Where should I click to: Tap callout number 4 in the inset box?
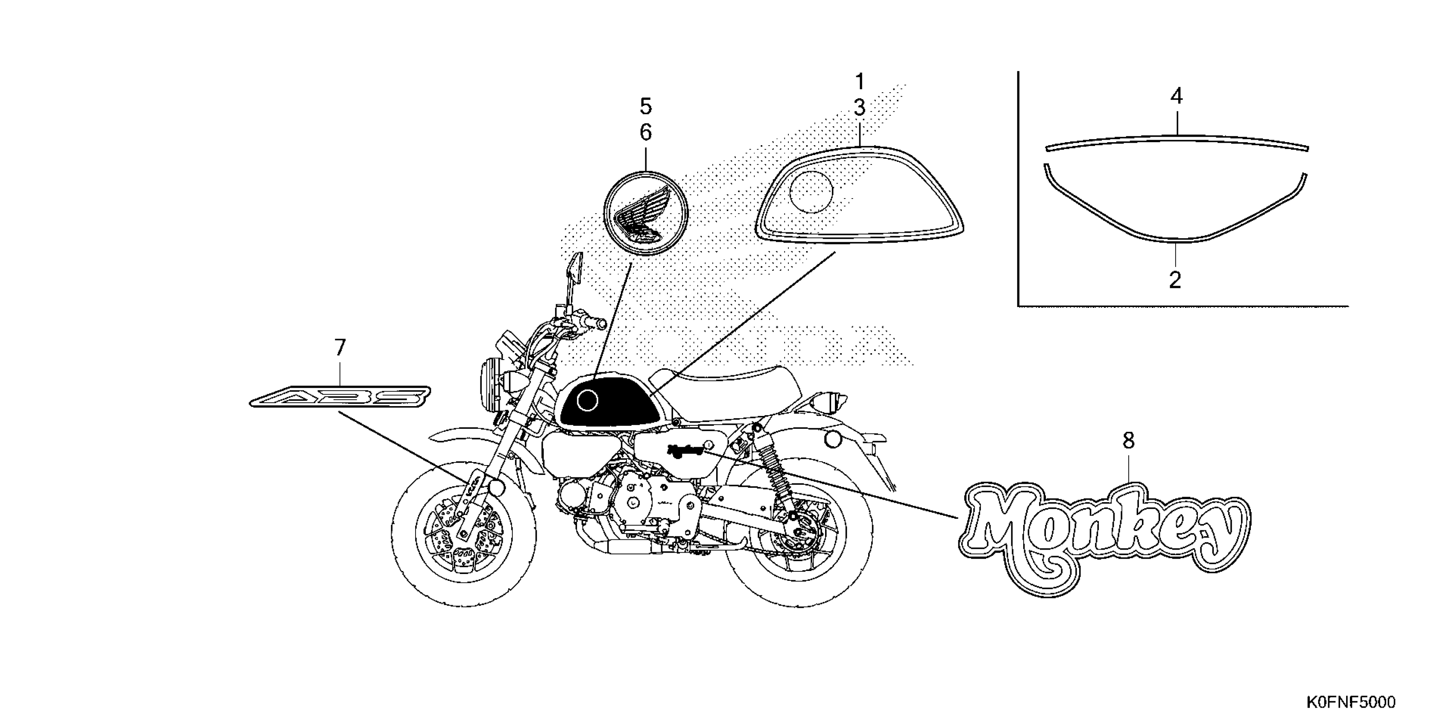tap(1177, 97)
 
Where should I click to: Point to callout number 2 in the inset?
tap(1175, 280)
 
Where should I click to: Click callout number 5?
tap(645, 106)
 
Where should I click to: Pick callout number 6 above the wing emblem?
tap(645, 132)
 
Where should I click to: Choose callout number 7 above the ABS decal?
tap(340, 348)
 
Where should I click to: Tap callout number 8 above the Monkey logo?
tap(1128, 441)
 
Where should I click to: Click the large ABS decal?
tap(340, 396)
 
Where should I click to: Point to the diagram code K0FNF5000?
tap(1351, 703)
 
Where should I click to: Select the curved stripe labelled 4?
tap(1177, 138)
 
